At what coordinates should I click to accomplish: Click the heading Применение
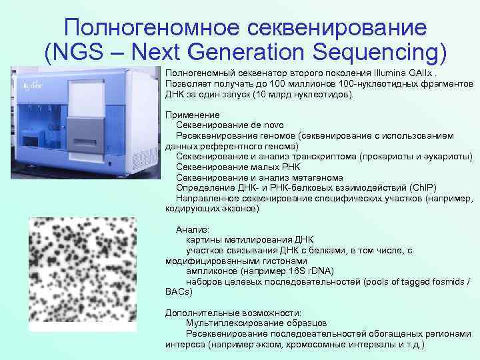click(x=190, y=115)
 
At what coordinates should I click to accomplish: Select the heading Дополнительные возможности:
click(x=233, y=313)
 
